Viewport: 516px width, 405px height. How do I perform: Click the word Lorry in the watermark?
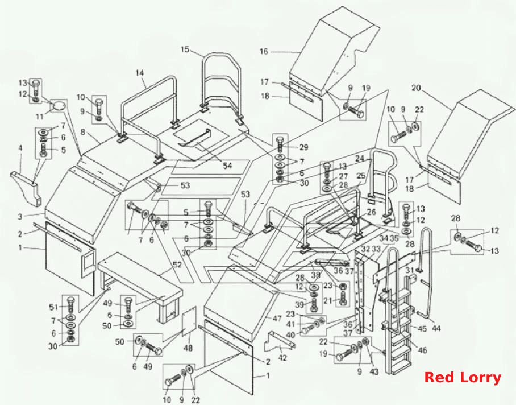click(482, 378)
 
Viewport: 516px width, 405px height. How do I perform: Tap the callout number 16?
click(264, 51)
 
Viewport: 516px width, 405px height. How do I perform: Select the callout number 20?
click(416, 88)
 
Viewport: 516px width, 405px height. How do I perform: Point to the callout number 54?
click(227, 166)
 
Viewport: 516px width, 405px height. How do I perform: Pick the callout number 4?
click(20, 148)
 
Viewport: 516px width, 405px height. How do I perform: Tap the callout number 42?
click(282, 358)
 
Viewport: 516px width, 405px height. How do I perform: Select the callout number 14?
click(140, 72)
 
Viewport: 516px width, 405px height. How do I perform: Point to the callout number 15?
click(185, 49)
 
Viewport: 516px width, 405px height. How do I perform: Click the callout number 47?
click(277, 319)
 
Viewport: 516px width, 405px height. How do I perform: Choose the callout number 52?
click(177, 265)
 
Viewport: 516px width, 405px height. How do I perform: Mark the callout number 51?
click(53, 307)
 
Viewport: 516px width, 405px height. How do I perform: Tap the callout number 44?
click(436, 328)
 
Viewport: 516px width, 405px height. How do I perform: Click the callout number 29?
click(303, 147)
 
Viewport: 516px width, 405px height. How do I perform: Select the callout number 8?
click(82, 133)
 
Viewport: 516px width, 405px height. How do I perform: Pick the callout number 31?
click(409, 270)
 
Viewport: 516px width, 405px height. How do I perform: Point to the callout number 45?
click(423, 328)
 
